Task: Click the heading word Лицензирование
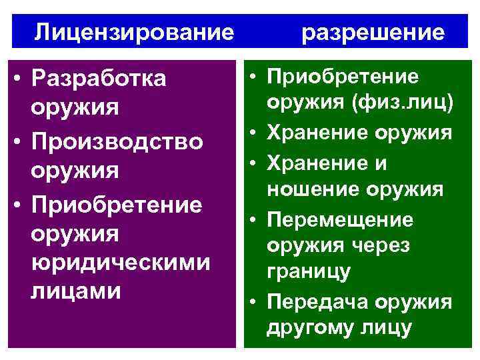[x=135, y=31]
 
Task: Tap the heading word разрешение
[x=373, y=32]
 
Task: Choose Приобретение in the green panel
[x=343, y=77]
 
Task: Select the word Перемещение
[x=340, y=219]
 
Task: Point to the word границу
[x=308, y=273]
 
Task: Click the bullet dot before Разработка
[x=21, y=79]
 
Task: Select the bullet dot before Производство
[x=21, y=142]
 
